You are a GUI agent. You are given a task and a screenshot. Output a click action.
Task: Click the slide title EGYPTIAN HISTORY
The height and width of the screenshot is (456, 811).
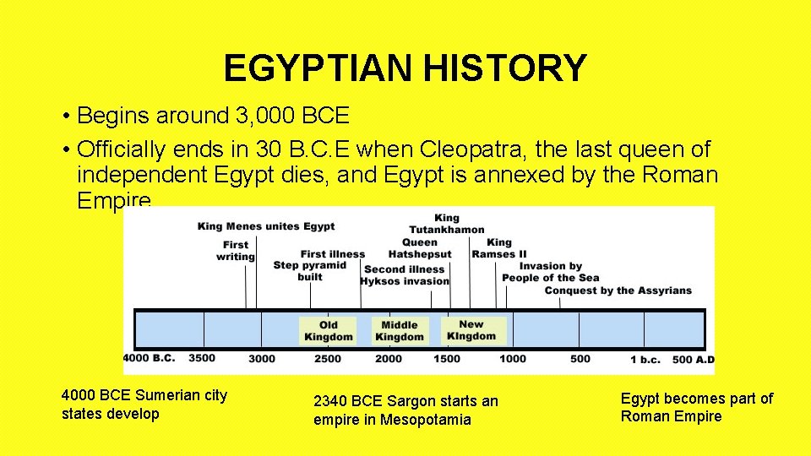(x=405, y=68)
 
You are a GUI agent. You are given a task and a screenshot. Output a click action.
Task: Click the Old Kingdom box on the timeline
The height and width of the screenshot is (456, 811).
(x=329, y=330)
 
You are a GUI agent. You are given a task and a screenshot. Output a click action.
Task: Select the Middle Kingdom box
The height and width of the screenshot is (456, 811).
(x=400, y=330)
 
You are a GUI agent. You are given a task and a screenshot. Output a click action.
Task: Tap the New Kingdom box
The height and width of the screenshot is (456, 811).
(x=471, y=330)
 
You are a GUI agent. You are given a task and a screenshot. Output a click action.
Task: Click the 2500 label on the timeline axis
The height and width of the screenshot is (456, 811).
(x=328, y=359)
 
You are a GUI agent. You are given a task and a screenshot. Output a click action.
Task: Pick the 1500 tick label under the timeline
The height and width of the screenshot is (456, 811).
(x=447, y=359)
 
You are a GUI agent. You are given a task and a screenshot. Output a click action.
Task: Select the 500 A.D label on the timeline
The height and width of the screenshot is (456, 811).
(x=694, y=359)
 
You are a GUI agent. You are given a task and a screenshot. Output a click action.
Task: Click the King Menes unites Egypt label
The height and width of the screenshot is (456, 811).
(x=266, y=226)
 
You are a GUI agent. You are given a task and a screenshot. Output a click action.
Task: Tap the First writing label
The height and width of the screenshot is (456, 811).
(x=236, y=251)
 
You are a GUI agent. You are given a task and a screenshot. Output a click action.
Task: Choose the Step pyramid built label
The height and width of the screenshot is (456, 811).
(x=310, y=270)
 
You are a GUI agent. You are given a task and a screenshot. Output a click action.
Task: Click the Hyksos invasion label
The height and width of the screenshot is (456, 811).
(x=405, y=281)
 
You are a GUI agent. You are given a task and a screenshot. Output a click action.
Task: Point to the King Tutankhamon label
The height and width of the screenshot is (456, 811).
(x=447, y=224)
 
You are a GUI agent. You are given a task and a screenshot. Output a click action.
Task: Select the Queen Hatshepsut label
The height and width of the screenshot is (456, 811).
(x=420, y=248)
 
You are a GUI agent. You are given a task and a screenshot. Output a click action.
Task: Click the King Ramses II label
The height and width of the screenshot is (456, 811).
(x=499, y=248)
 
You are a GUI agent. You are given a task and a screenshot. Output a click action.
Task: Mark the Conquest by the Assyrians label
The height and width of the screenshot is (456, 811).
(x=618, y=290)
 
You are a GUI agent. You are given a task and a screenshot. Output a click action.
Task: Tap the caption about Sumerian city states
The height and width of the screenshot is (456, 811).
(x=144, y=404)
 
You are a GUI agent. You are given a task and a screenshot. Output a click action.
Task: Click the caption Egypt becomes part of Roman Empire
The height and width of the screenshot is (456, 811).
(x=696, y=407)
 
